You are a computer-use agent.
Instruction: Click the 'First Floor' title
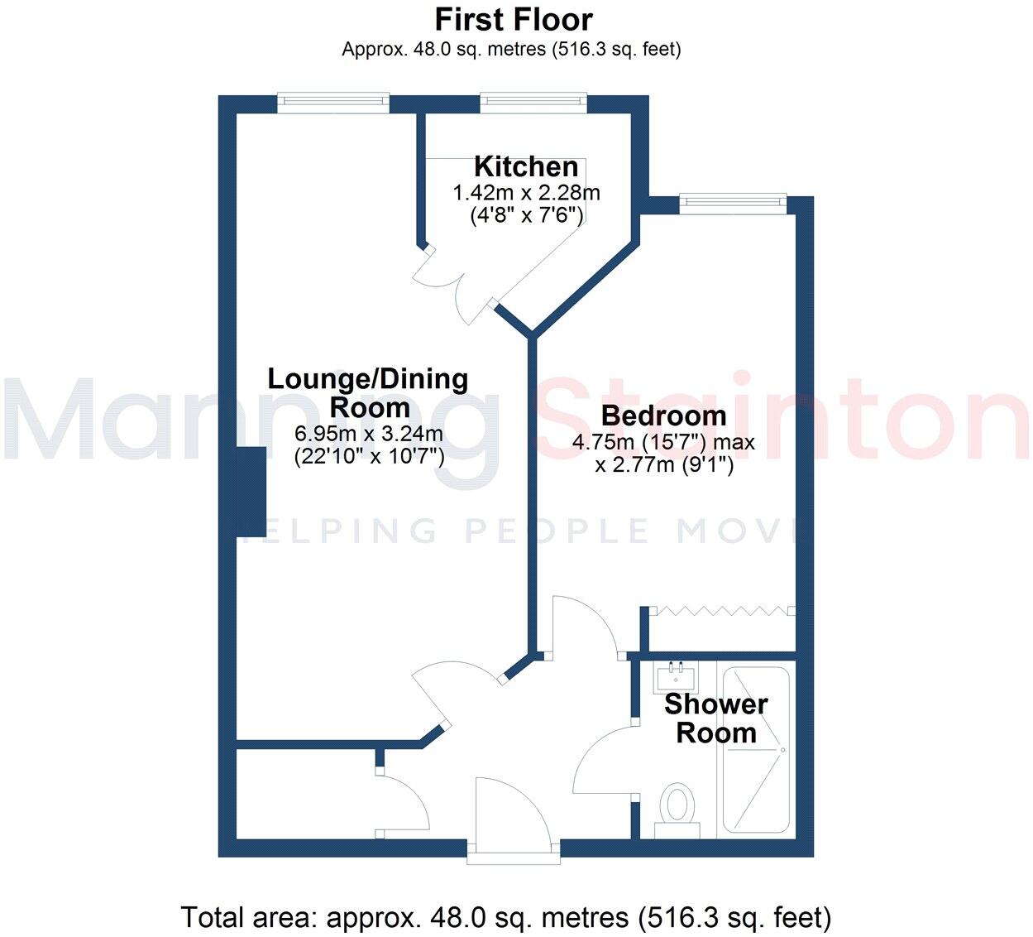pos(514,19)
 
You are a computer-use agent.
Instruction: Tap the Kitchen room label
pos(526,166)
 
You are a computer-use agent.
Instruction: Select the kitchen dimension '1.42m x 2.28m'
pos(526,194)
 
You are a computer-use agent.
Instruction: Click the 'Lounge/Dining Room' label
pos(368,393)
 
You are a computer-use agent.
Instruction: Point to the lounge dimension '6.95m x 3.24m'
pos(369,434)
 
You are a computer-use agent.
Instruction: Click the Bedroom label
pos(664,416)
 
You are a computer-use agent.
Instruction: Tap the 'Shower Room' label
pos(716,718)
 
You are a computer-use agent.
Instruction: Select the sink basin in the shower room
pos(677,677)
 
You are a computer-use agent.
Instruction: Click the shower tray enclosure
pos(756,749)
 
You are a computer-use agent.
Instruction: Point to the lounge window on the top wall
pos(332,103)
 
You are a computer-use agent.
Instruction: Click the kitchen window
pos(534,103)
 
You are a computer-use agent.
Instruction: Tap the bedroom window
pos(732,202)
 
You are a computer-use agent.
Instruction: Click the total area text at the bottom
pos(505,917)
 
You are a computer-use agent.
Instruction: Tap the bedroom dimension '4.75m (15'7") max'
pos(663,443)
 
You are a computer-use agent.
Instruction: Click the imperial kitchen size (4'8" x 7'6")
pos(526,215)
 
